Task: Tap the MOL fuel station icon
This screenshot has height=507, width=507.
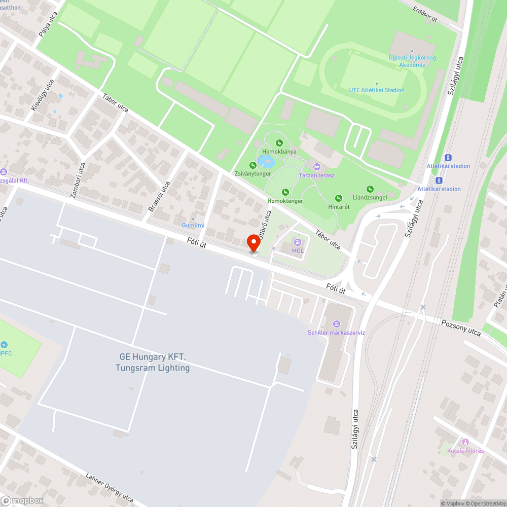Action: (x=298, y=242)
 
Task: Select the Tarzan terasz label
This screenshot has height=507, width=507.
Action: (x=316, y=175)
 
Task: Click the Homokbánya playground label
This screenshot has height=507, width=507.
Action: (x=279, y=152)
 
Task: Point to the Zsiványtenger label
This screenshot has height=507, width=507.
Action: (x=252, y=173)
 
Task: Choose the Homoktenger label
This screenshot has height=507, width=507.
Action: (x=285, y=201)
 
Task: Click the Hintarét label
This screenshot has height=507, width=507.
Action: (x=339, y=207)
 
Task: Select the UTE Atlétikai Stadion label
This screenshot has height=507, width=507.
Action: (x=377, y=90)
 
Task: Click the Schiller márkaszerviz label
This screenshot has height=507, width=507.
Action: (x=336, y=333)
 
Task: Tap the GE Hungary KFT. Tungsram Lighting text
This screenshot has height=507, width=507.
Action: (x=153, y=363)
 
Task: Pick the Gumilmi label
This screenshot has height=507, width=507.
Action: (x=193, y=225)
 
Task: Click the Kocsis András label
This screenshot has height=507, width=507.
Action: (x=465, y=451)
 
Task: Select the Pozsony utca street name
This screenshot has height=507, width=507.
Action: (x=460, y=327)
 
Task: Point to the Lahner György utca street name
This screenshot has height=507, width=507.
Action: (x=110, y=488)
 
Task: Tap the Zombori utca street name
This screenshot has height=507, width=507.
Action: (x=77, y=179)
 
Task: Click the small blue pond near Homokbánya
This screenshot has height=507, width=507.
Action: (x=266, y=162)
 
